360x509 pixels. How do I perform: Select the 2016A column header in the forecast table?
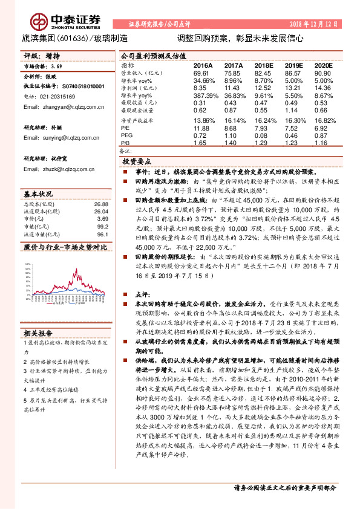203,65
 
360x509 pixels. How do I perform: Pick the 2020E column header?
324,65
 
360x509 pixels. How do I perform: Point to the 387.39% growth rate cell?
205,96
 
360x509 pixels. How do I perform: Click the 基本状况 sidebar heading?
38,195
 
